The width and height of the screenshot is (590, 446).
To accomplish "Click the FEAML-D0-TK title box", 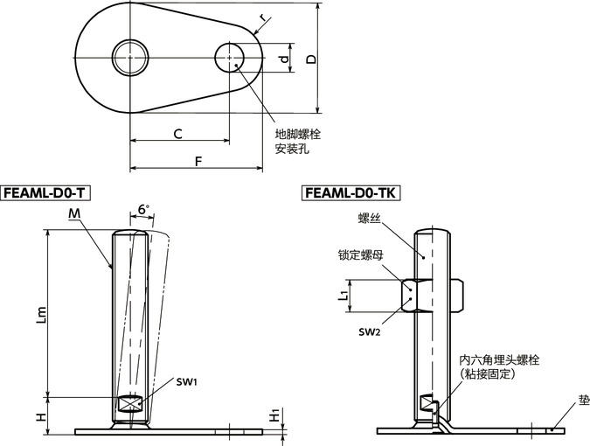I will (350, 192).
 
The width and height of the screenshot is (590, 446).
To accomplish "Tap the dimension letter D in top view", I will (309, 58).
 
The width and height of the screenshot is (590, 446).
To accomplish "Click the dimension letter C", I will (177, 133).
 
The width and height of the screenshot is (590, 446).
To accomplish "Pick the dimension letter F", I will (197, 161).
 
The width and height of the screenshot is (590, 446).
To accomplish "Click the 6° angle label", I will (143, 210).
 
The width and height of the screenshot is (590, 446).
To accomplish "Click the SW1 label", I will (187, 382).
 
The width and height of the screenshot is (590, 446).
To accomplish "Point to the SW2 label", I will (370, 332).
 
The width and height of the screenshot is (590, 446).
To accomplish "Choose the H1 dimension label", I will (274, 418).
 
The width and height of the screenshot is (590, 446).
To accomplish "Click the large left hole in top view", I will (130, 58).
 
